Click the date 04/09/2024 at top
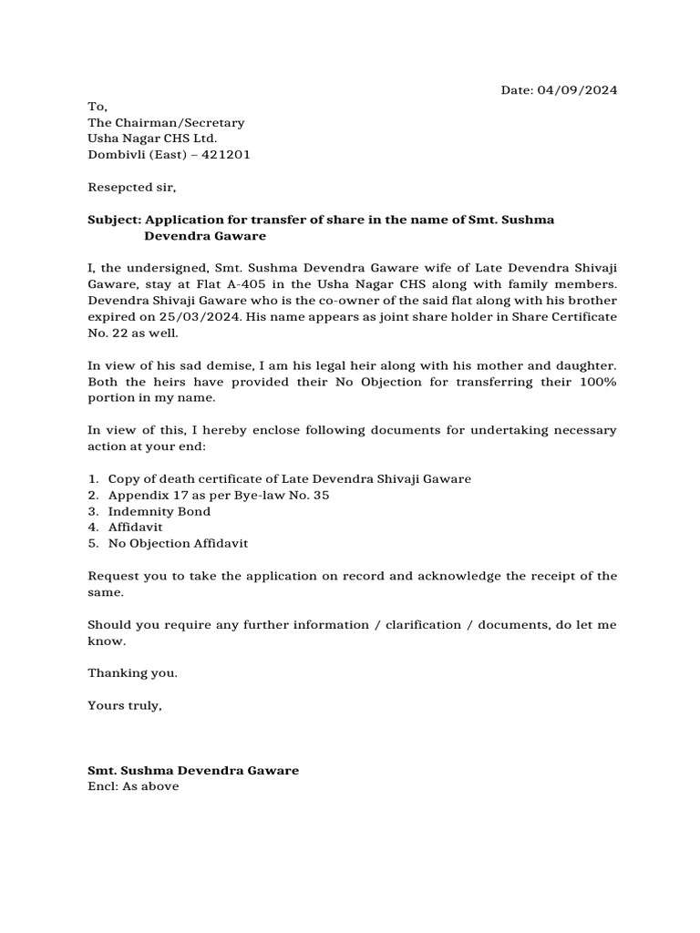578,90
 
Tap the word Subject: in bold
114,220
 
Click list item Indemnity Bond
160,511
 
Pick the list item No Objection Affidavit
178,544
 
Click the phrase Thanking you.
133,672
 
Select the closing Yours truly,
125,705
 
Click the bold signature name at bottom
193,771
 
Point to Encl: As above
133,786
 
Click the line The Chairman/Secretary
166,122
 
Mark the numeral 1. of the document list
93,479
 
